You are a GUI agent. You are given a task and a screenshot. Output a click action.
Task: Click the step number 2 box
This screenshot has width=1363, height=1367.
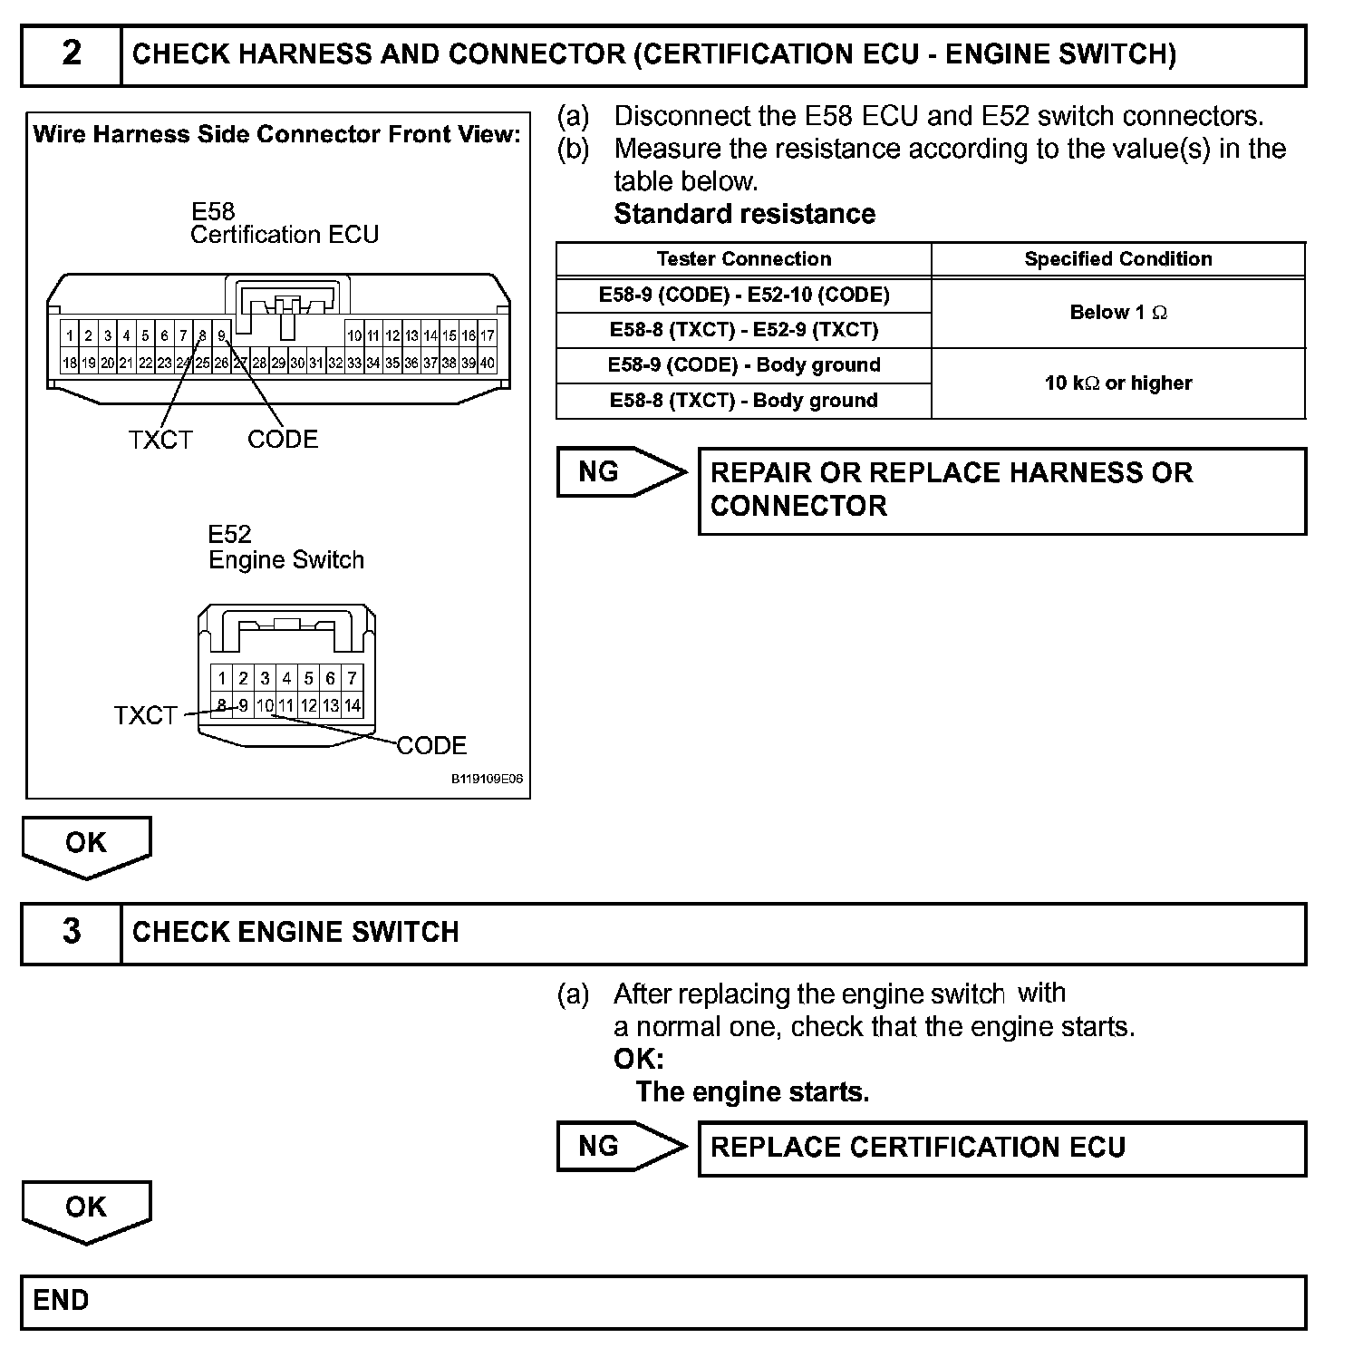pyautogui.click(x=72, y=54)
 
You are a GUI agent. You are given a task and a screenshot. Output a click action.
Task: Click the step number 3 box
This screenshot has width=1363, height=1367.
pyautogui.click(x=72, y=933)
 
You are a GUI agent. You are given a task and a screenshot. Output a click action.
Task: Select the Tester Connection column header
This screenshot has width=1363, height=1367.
pyautogui.click(x=743, y=259)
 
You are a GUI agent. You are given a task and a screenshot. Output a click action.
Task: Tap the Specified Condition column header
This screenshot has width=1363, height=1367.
pyautogui.click(x=1117, y=259)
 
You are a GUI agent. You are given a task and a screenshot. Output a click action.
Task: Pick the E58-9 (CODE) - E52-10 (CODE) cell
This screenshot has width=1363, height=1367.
pyautogui.click(x=743, y=295)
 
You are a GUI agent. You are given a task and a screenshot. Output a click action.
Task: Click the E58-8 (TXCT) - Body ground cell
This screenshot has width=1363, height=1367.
pyautogui.click(x=743, y=401)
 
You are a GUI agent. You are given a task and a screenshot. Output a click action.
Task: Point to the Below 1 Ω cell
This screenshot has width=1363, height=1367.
pyautogui.click(x=1117, y=313)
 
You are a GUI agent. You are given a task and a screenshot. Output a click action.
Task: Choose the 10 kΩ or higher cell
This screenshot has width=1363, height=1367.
pyautogui.click(x=1117, y=383)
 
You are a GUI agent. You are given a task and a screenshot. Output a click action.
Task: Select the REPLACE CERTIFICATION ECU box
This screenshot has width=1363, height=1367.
pyautogui.click(x=1001, y=1148)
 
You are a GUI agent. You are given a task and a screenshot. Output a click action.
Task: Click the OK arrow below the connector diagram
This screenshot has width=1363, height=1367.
pyautogui.click(x=86, y=845)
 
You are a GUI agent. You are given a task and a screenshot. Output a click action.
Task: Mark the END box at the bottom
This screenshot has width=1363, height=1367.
pyautogui.click(x=662, y=1302)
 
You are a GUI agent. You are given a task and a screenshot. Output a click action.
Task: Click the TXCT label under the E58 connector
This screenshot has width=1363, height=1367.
pyautogui.click(x=160, y=441)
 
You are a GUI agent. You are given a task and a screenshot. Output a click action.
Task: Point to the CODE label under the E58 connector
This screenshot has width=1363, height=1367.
pyautogui.click(x=283, y=440)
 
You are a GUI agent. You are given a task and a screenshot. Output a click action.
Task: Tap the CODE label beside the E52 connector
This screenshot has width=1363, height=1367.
pyautogui.click(x=431, y=746)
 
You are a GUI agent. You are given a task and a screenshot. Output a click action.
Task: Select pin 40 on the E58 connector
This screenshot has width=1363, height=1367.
pyautogui.click(x=488, y=364)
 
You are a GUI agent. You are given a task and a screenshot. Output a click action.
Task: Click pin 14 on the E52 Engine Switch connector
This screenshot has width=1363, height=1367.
pyautogui.click(x=353, y=705)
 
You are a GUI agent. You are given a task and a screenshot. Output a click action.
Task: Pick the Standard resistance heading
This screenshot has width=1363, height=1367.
pyautogui.click(x=744, y=214)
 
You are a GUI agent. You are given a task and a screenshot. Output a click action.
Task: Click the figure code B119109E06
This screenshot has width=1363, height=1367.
pyautogui.click(x=487, y=779)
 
